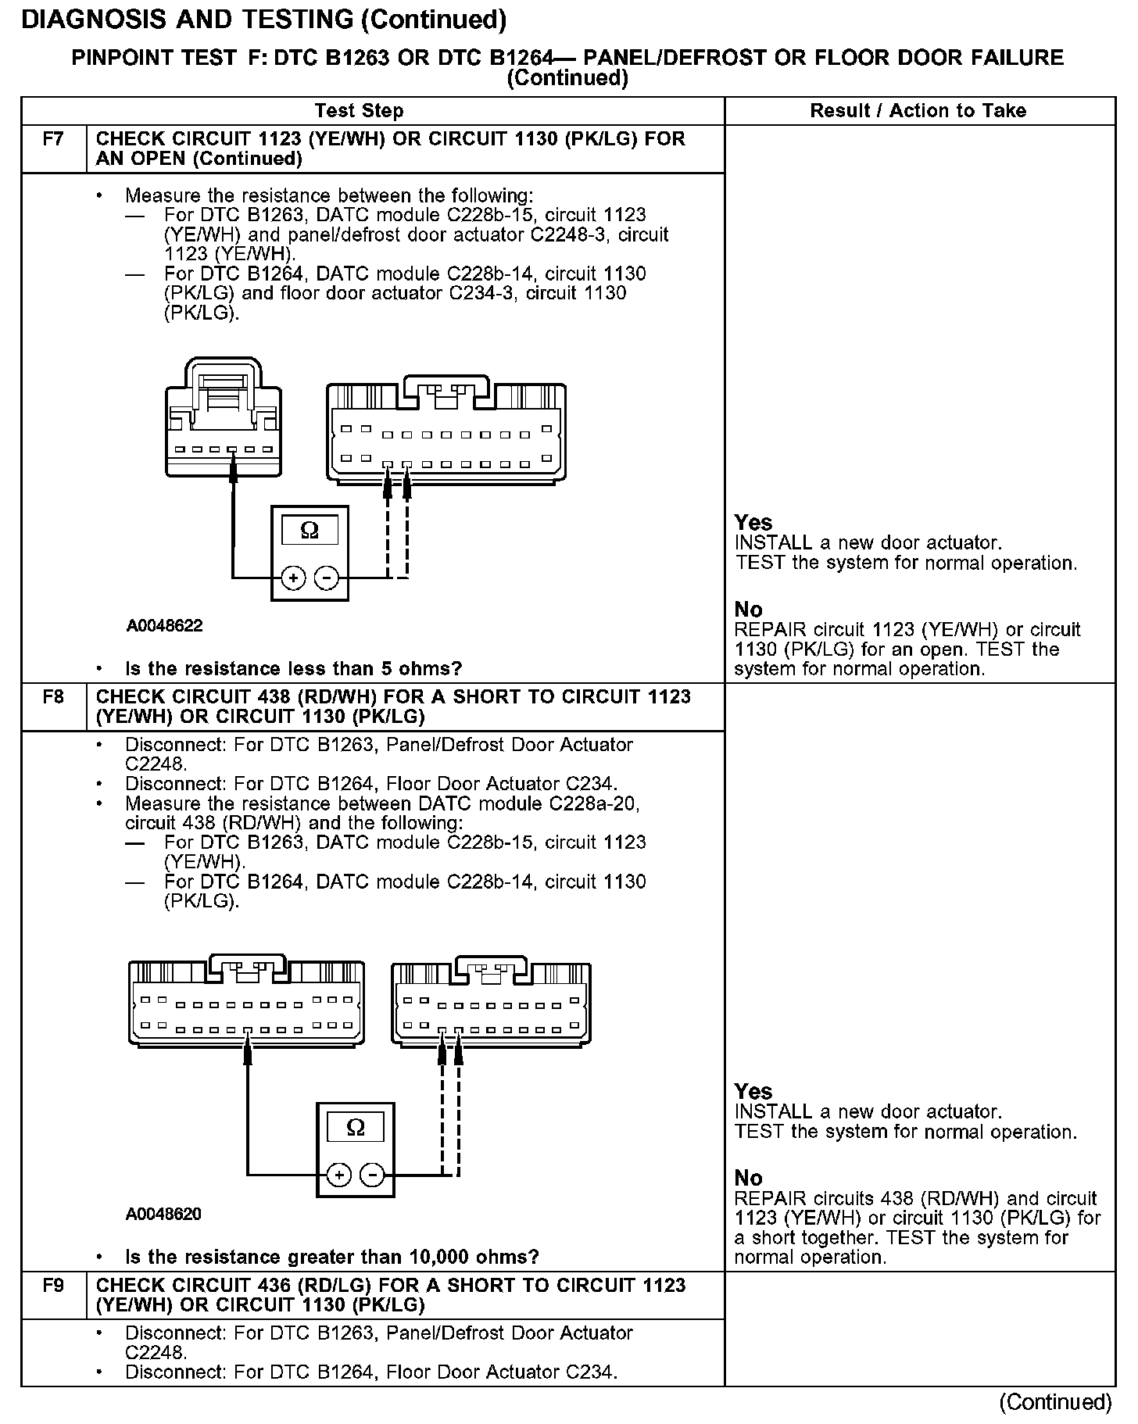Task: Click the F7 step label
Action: pos(53,139)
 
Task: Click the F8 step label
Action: pos(53,696)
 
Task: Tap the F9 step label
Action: pos(53,1285)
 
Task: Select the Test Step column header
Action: pos(360,110)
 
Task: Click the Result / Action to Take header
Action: pos(918,110)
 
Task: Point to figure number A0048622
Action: pos(165,626)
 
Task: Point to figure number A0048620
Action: pos(163,1214)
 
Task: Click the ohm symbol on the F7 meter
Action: pos(310,531)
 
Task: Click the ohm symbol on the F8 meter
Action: pos(355,1127)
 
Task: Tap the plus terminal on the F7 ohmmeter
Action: pos(293,578)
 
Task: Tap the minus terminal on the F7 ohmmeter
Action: pos(327,578)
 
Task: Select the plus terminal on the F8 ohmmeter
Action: pos(338,1175)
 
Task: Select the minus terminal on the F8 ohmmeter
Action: pos(372,1175)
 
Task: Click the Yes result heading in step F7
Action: pos(753,523)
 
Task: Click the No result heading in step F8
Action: pos(748,1178)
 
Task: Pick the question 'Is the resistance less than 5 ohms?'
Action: pos(293,668)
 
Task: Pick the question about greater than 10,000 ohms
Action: pos(331,1257)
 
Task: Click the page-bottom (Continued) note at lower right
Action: pos(1055,1402)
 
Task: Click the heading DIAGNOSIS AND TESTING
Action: pos(264,20)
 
